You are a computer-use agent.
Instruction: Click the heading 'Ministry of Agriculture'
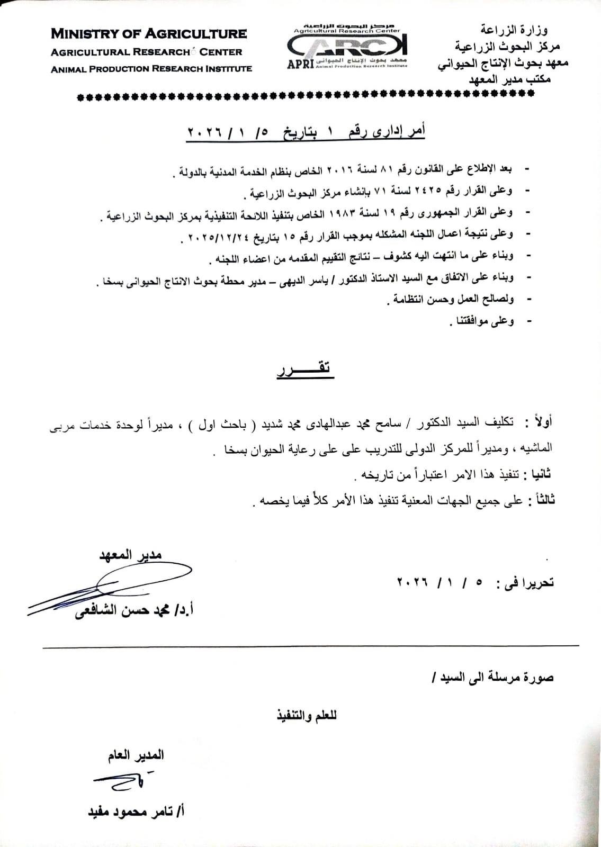click(149, 34)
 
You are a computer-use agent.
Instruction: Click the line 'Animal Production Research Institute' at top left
click(151, 69)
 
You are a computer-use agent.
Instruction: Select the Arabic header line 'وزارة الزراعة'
click(516, 30)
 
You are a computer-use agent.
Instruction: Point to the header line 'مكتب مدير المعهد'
click(510, 80)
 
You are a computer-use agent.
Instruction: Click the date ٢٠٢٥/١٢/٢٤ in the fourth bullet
click(215, 234)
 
